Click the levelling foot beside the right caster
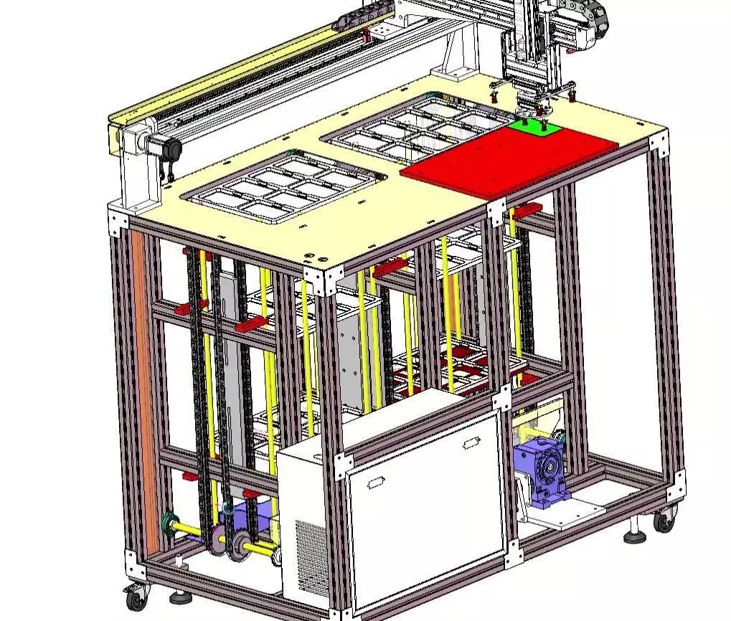(636, 534)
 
